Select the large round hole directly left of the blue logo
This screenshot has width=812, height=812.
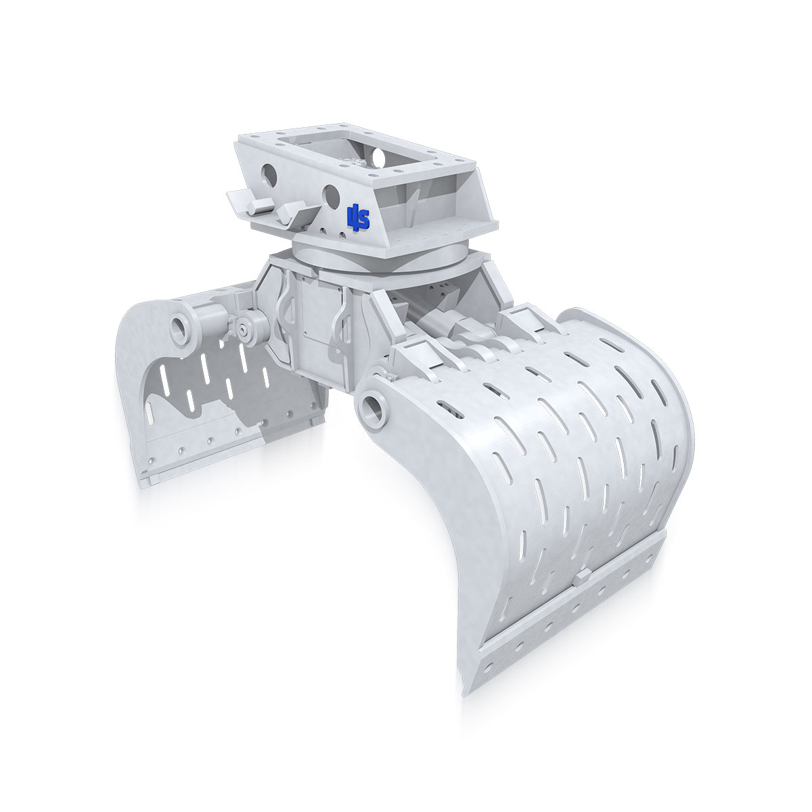pyautogui.click(x=331, y=196)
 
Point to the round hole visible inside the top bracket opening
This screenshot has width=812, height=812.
pyautogui.click(x=379, y=158)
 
